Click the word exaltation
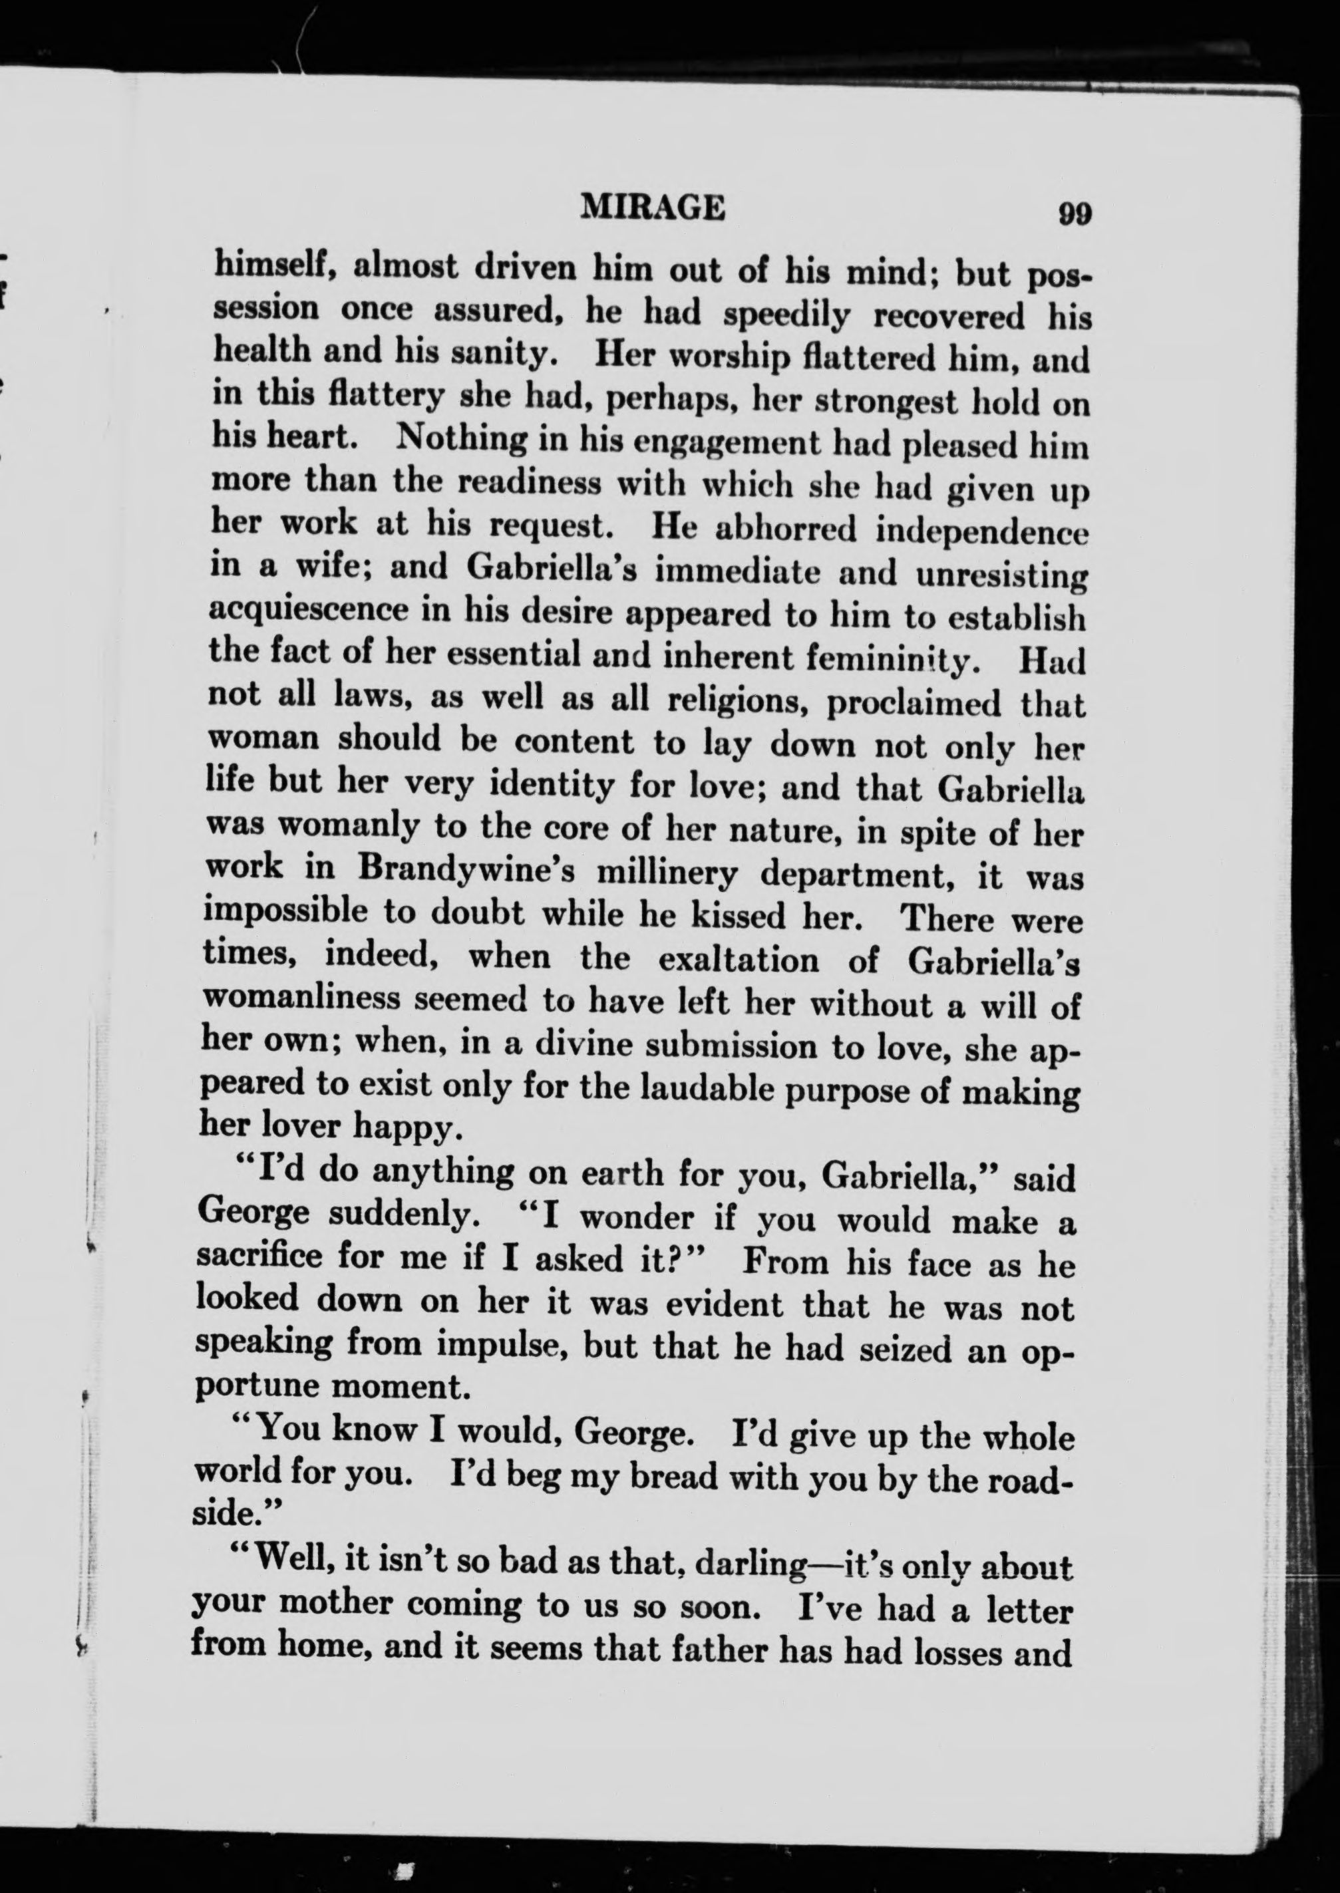point(739,960)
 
